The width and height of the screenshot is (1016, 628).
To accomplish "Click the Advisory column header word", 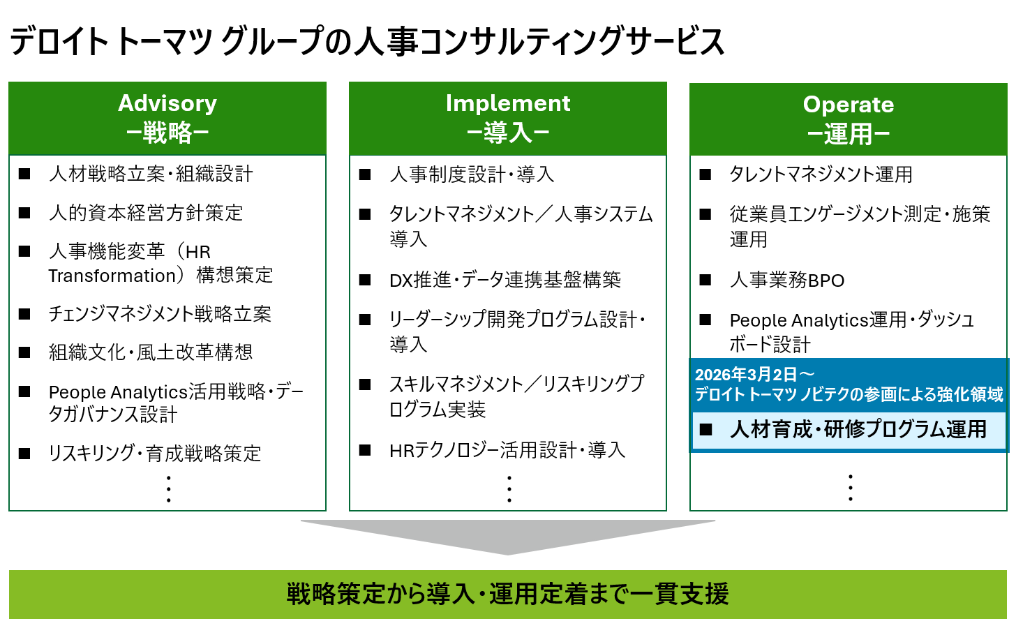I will (167, 103).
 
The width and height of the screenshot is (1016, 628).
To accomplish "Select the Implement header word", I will (508, 103).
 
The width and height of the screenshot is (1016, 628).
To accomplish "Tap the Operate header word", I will (849, 105).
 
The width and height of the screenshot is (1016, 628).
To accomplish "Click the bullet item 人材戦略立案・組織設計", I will (151, 174).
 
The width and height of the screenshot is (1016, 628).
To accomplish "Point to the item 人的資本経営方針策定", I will (146, 213).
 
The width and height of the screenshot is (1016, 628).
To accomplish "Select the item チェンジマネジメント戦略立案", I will (160, 314).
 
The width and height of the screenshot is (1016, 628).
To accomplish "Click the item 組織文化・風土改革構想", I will (151, 352).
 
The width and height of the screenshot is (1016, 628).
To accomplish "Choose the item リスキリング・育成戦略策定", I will (155, 454).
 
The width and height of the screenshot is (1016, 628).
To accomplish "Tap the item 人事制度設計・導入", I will (472, 174).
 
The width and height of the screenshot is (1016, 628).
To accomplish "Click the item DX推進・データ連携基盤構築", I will (505, 280).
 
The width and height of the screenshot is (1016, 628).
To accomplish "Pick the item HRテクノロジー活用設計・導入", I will (507, 451).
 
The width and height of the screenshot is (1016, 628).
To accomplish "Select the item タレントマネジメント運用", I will (821, 174).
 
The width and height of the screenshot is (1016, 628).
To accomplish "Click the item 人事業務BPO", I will (787, 281).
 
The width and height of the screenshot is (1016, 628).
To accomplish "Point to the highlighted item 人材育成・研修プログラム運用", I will (858, 429).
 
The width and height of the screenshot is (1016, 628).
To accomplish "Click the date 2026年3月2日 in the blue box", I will (746, 375).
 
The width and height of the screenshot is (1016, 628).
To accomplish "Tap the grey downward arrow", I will (508, 536).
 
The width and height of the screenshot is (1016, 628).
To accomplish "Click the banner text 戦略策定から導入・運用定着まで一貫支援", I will (508, 595).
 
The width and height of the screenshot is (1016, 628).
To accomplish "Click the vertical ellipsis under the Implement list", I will (509, 488).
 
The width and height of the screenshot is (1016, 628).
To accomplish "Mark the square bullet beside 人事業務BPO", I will (705, 281).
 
